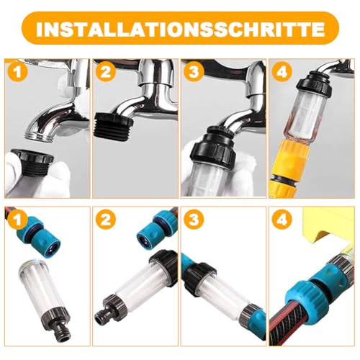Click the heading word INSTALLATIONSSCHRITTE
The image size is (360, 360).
pos(180,29)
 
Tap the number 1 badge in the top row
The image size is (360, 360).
pos(18,72)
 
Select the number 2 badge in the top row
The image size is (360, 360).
pos(106,72)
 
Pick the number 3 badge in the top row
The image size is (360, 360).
pos(194,72)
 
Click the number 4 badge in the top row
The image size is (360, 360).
pos(282,72)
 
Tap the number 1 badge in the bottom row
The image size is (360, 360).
pos(18,220)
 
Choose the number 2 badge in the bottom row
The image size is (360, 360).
pos(106,220)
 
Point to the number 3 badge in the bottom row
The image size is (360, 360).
pos(194,220)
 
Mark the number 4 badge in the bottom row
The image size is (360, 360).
pos(282,220)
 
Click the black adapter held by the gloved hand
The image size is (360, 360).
pos(32,160)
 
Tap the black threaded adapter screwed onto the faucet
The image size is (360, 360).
pos(113,127)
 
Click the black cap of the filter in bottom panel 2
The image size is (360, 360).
pos(164,266)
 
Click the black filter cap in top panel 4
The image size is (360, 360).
pos(315,84)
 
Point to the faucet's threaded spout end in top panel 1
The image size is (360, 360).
pos(39,136)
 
